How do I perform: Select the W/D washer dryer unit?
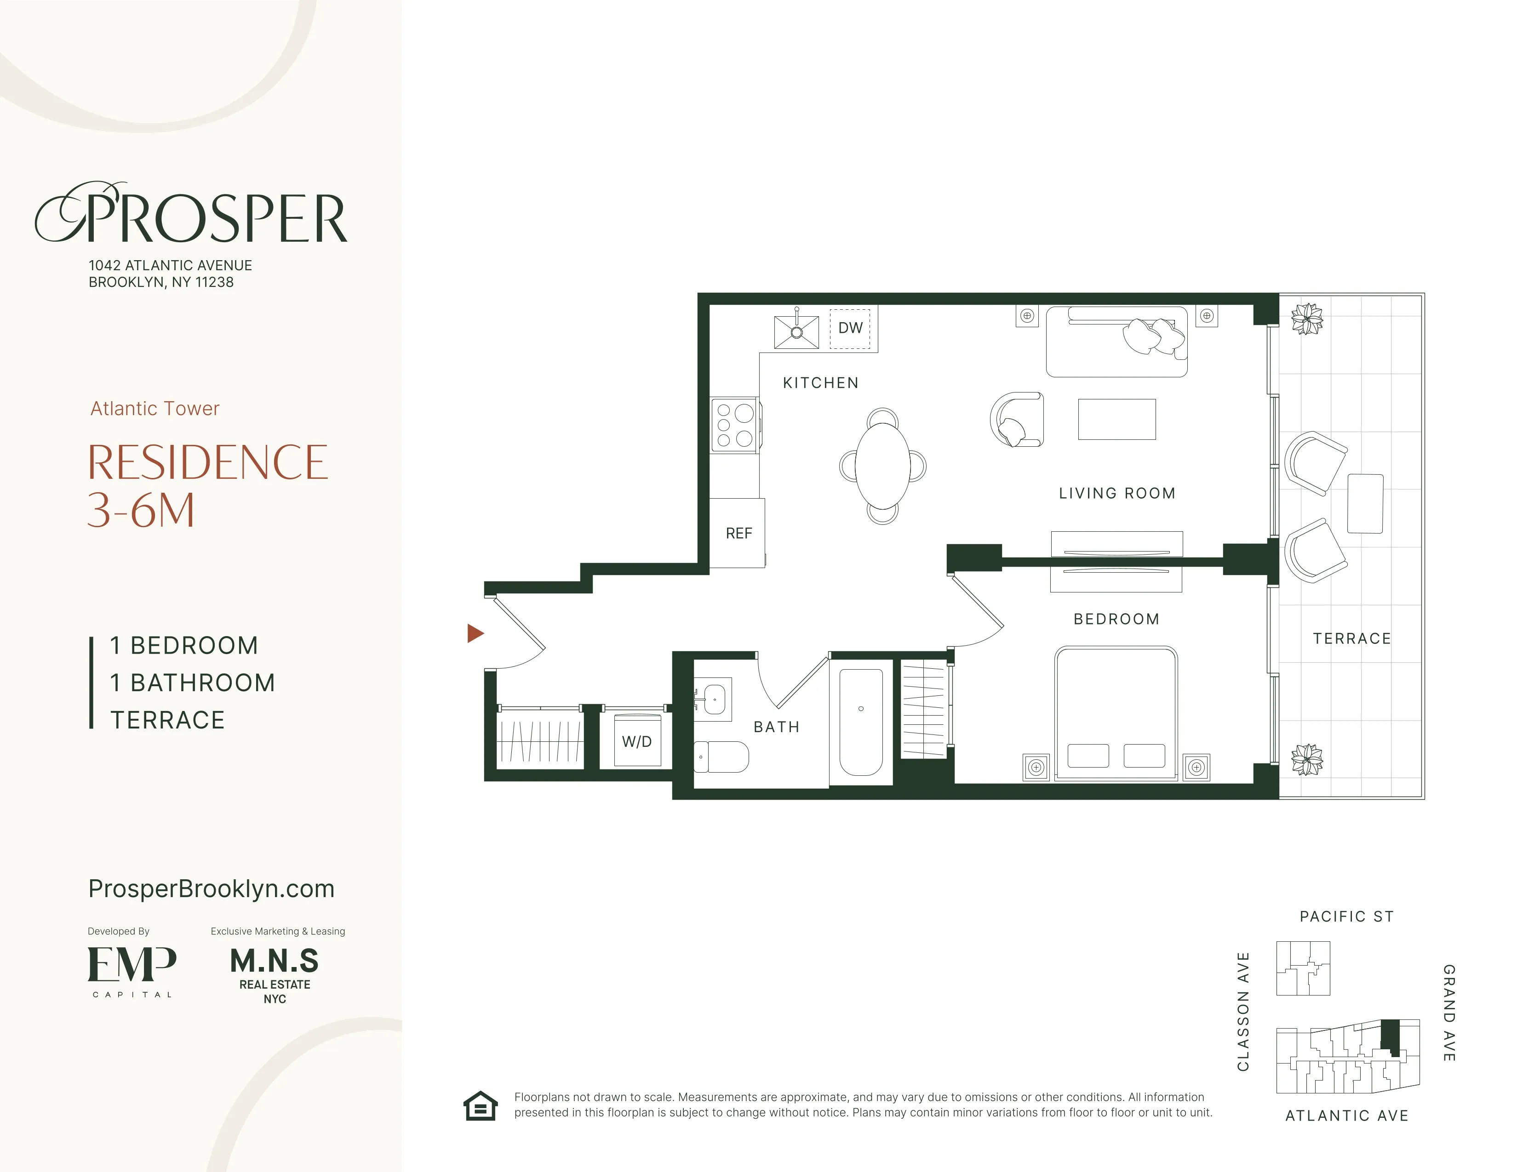point(637,741)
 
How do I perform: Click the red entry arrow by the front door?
point(475,633)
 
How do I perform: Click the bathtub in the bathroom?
point(861,722)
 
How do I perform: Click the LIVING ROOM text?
point(1116,494)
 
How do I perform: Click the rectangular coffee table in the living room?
point(1116,419)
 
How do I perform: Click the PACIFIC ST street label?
point(1346,916)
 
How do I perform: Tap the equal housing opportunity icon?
point(481,1106)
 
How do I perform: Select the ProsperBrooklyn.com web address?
point(211,889)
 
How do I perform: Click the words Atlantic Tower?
point(155,408)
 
